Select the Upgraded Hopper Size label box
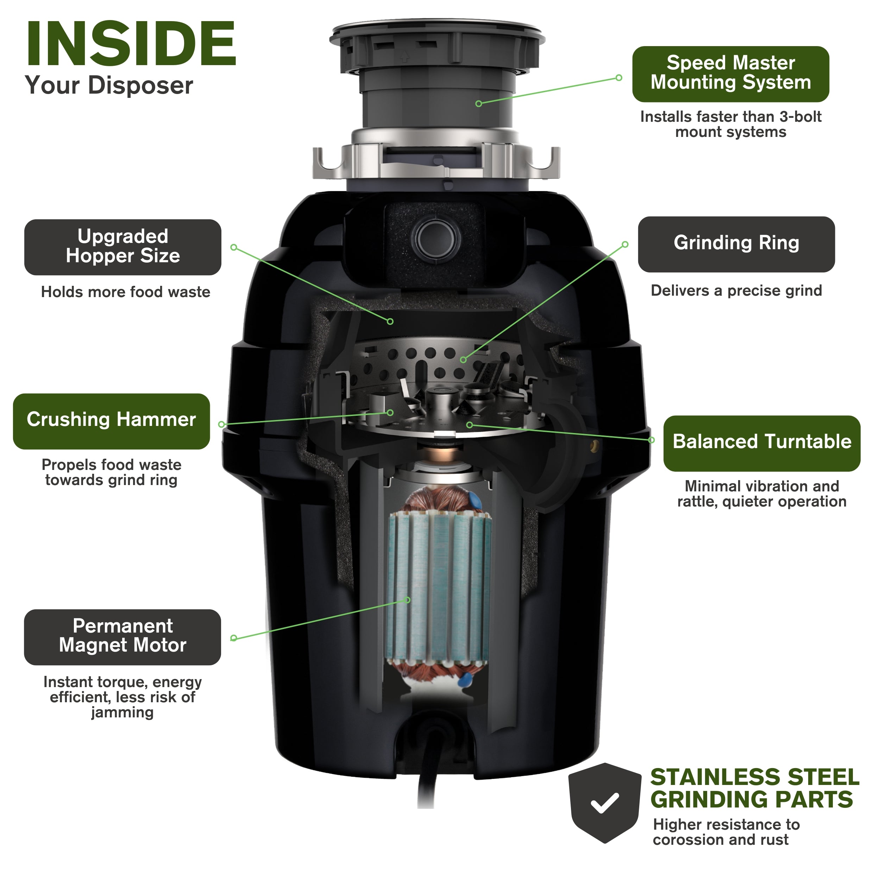[x=122, y=247]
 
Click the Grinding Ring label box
[x=736, y=244]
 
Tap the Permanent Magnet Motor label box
[x=122, y=636]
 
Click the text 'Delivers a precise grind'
[x=736, y=291]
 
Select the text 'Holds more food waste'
[x=125, y=292]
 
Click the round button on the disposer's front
[x=436, y=238]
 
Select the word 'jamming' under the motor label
[x=122, y=712]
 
